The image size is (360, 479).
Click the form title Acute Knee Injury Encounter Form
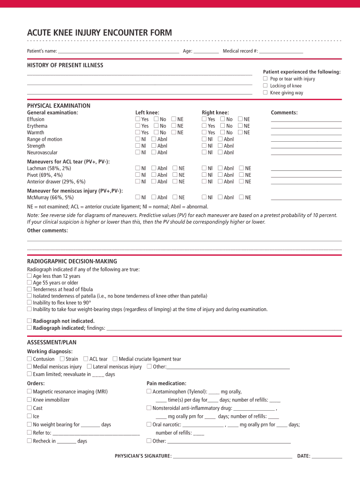click(x=99, y=33)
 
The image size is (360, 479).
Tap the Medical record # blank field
click(x=281, y=51)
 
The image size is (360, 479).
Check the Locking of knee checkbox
click(x=265, y=86)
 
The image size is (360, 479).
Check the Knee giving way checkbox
click(x=265, y=93)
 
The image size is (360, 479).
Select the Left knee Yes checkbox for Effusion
click(x=138, y=119)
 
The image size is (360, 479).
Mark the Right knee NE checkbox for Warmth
click(x=241, y=132)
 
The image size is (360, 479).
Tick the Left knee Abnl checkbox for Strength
click(x=154, y=146)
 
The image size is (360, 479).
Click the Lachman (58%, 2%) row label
click(x=49, y=168)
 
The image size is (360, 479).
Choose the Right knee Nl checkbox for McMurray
click(x=204, y=197)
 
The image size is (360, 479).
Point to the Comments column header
click(x=284, y=113)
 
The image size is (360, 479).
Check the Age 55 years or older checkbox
click(x=29, y=283)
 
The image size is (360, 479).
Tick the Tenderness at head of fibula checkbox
click(x=29, y=289)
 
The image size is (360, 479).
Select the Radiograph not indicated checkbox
click(x=29, y=321)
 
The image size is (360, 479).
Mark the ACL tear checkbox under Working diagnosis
click(x=86, y=359)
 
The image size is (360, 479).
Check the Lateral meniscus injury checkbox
click(x=89, y=367)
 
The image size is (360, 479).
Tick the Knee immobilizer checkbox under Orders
click(x=29, y=400)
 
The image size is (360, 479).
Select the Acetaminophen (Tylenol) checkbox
click(x=149, y=392)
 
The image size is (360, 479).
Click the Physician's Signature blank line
click(x=232, y=456)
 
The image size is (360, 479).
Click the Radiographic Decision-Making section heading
click(x=72, y=261)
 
